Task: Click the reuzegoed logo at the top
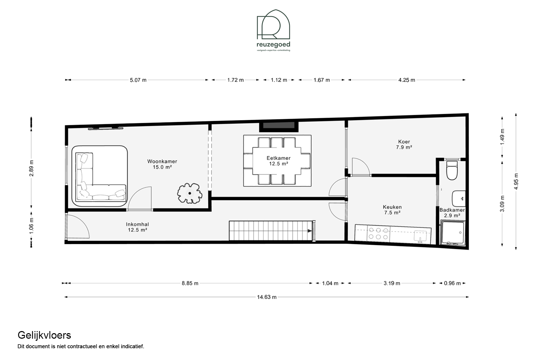273,30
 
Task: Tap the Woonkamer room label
162,164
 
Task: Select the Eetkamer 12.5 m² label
278,161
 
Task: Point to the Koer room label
404,144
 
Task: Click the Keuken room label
392,210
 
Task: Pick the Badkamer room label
452,213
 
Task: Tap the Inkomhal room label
138,227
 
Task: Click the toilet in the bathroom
452,170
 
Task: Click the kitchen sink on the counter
420,236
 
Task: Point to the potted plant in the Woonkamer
190,193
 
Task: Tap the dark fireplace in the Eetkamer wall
279,125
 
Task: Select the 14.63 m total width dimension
267,297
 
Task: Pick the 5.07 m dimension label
138,80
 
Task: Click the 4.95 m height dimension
516,181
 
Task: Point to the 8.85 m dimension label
190,283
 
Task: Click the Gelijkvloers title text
44,336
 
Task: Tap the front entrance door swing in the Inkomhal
78,226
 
